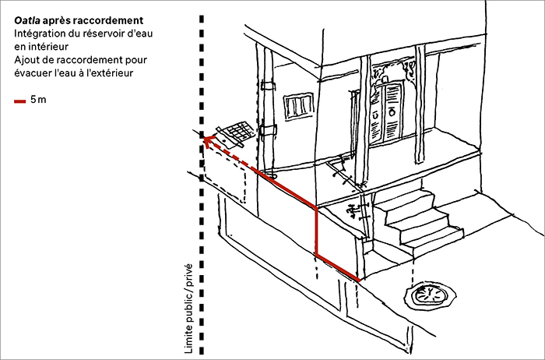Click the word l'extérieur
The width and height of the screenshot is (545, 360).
108,73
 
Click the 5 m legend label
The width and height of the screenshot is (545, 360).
37,101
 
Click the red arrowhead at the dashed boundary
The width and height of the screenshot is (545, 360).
208,139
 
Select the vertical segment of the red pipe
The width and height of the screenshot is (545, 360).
315,231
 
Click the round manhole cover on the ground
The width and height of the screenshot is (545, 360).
427,295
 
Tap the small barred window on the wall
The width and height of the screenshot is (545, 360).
297,107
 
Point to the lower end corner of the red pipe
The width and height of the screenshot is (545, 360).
359,279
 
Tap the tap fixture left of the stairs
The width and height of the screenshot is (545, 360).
352,209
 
